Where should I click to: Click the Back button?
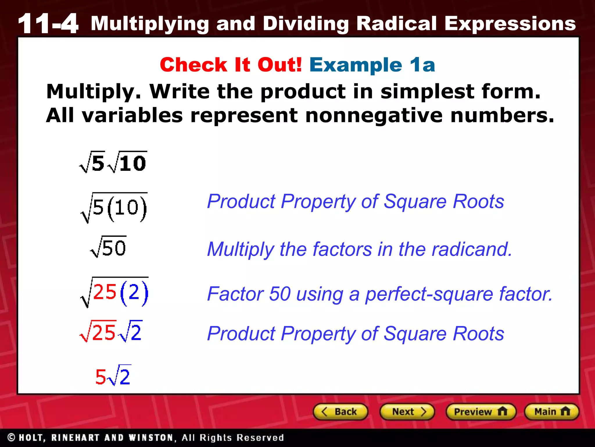click(340, 411)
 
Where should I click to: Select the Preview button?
click(481, 411)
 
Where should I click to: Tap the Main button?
click(551, 411)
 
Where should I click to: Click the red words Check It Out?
click(231, 65)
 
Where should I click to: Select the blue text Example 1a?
click(372, 65)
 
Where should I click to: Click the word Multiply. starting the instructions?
click(94, 91)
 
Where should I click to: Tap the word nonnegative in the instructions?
click(374, 115)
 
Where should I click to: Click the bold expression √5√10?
click(113, 162)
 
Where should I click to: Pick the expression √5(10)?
click(114, 207)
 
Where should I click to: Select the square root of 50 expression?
click(108, 247)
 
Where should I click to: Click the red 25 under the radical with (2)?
click(105, 292)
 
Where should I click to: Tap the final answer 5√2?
click(113, 376)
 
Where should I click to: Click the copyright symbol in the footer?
click(12, 437)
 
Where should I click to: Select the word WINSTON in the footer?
click(151, 438)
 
